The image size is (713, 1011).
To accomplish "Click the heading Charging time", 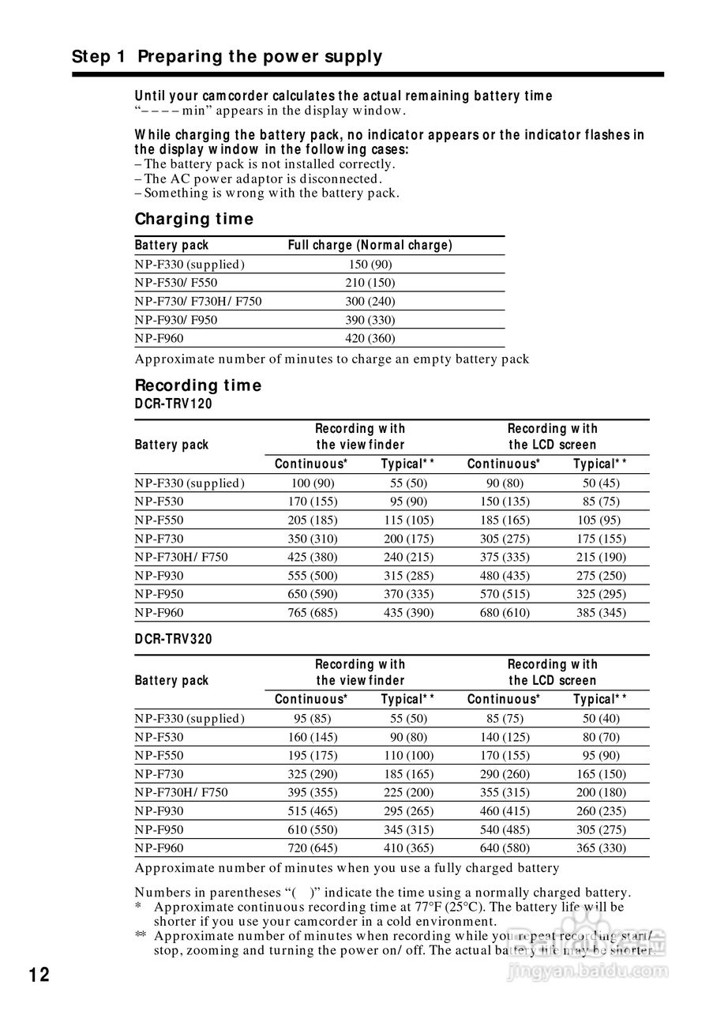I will [x=193, y=219].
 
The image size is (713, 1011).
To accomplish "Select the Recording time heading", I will [x=197, y=385].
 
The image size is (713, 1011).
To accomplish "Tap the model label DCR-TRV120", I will [x=173, y=404].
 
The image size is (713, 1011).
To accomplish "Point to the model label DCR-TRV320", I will [x=173, y=639].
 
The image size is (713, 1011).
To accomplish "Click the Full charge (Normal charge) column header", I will [x=370, y=245].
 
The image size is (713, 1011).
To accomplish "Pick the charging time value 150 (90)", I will [x=370, y=265].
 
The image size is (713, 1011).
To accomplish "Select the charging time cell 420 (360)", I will [x=370, y=338].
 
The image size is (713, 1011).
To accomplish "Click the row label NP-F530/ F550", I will [x=176, y=283].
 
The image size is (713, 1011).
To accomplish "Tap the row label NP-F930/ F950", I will [x=176, y=320].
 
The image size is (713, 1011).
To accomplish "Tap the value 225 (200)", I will [x=407, y=792].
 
